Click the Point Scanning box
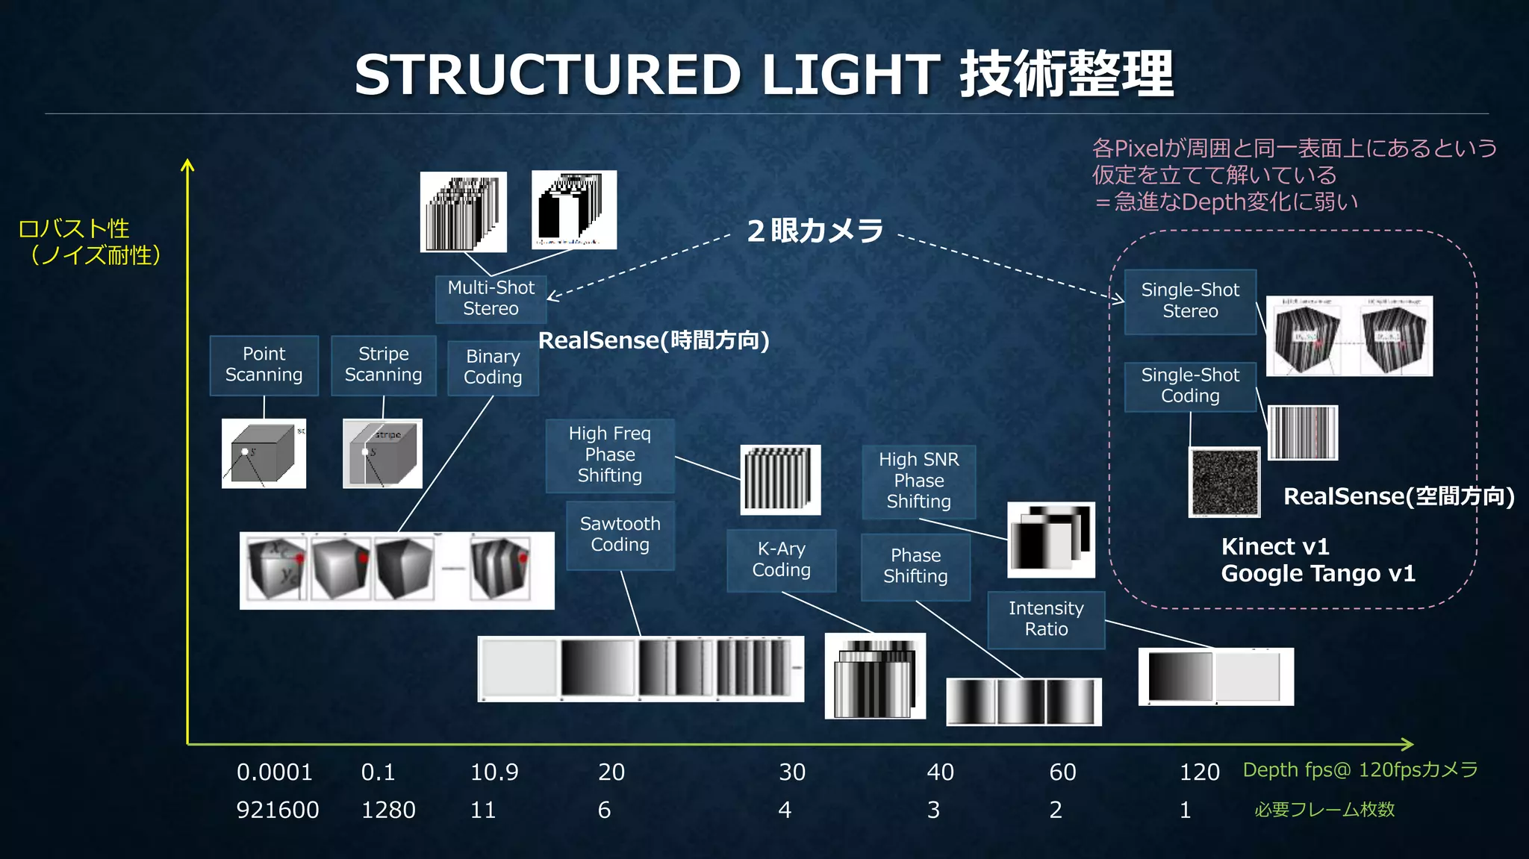point(264,365)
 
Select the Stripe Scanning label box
point(383,365)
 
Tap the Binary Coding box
point(493,367)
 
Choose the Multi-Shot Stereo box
point(491,299)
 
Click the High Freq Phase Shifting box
point(609,455)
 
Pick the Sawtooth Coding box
point(620,534)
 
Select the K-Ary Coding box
point(781,560)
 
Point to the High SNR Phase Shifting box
point(918,481)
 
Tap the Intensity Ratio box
point(1046,619)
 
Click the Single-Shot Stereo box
point(1190,301)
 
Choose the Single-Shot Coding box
point(1190,386)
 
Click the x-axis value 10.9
point(494,772)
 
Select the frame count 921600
point(278,810)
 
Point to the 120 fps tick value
point(1199,772)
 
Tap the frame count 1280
point(388,810)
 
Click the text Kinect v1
point(1275,546)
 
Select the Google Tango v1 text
point(1318,573)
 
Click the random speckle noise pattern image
point(1224,482)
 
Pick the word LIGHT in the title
point(850,75)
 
